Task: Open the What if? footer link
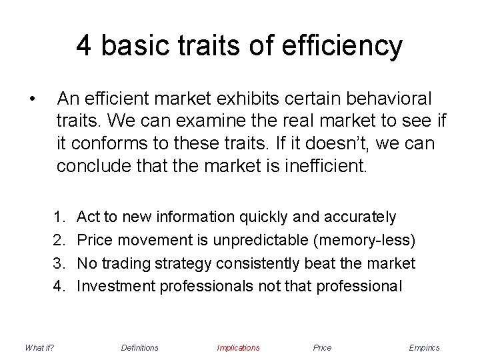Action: (x=39, y=347)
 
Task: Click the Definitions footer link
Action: (x=140, y=347)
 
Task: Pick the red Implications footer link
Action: (x=238, y=347)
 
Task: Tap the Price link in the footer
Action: (x=322, y=347)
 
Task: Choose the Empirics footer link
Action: (x=425, y=347)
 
